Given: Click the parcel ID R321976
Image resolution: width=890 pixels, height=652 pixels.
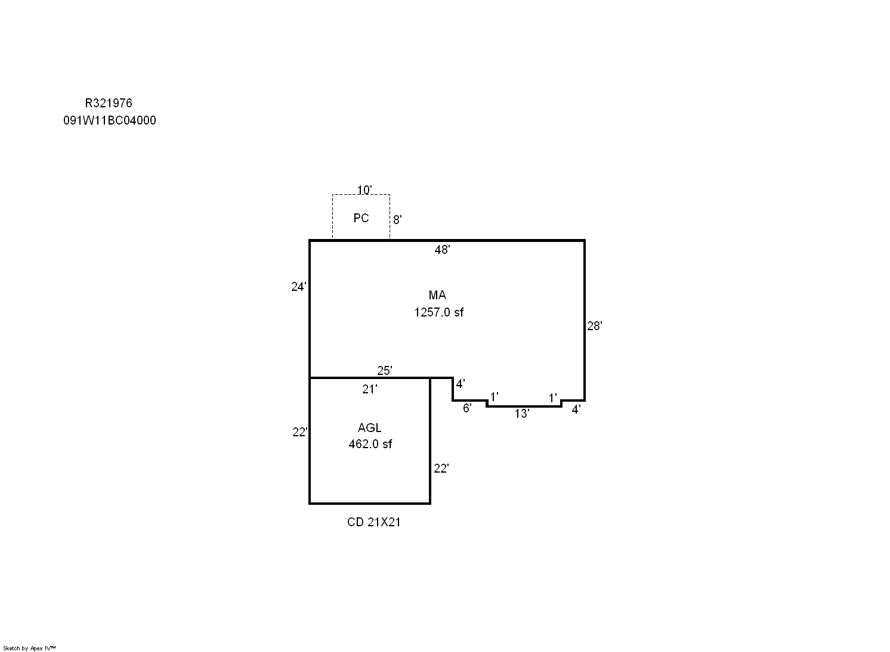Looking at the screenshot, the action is pyautogui.click(x=109, y=103).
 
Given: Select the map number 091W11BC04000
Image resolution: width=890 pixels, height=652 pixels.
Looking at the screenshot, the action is pyautogui.click(x=110, y=120).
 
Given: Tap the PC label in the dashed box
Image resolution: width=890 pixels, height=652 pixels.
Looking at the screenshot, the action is pyautogui.click(x=361, y=218).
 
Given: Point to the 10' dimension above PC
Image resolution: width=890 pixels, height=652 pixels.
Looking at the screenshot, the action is pyautogui.click(x=364, y=190).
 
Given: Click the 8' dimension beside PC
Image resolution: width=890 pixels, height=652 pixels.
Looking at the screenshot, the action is pyautogui.click(x=397, y=219).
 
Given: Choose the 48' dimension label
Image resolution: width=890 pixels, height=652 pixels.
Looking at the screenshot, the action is pyautogui.click(x=442, y=249).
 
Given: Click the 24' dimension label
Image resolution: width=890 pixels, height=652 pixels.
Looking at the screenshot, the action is pyautogui.click(x=299, y=286).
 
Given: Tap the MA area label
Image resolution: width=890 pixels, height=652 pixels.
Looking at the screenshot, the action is pyautogui.click(x=437, y=295).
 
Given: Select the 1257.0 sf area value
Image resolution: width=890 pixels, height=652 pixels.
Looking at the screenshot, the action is pyautogui.click(x=439, y=312).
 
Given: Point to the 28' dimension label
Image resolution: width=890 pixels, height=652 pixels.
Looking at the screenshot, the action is pyautogui.click(x=595, y=326).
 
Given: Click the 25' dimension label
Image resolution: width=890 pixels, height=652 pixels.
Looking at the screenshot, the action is pyautogui.click(x=385, y=371).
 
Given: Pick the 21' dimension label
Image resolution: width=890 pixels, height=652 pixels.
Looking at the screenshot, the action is pyautogui.click(x=369, y=389).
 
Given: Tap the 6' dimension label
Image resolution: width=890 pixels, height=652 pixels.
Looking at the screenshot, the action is pyautogui.click(x=467, y=408).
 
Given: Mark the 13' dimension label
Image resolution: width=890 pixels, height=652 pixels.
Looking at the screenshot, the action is pyautogui.click(x=522, y=414).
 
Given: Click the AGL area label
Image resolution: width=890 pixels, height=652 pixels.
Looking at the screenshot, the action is pyautogui.click(x=369, y=428).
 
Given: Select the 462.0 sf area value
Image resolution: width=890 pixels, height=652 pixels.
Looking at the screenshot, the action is pyautogui.click(x=370, y=444).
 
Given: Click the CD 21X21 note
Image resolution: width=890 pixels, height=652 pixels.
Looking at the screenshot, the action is pyautogui.click(x=374, y=522).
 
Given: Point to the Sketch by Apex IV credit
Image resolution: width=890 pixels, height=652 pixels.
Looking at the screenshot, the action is pyautogui.click(x=29, y=648).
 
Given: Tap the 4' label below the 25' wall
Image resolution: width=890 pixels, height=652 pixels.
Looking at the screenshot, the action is pyautogui.click(x=461, y=384).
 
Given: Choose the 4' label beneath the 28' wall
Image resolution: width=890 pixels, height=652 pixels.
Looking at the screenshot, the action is pyautogui.click(x=576, y=409).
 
